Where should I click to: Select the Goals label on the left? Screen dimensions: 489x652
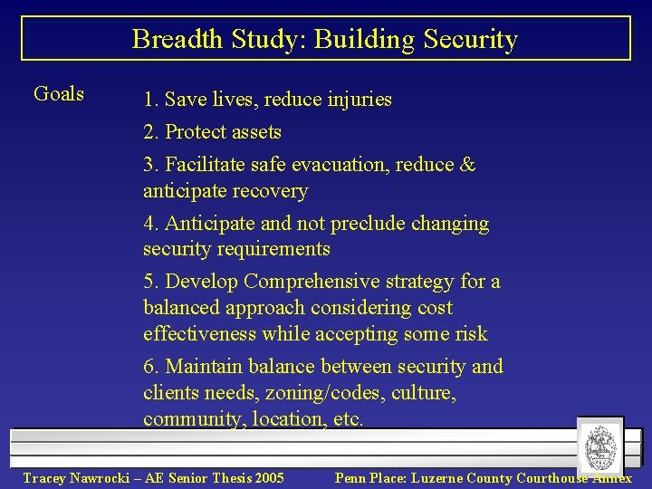(x=58, y=93)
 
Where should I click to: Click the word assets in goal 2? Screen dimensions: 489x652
(x=256, y=132)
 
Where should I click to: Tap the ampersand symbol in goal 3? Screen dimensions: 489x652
(x=467, y=165)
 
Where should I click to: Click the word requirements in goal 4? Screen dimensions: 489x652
(x=272, y=249)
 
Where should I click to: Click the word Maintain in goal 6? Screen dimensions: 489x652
(x=206, y=367)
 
